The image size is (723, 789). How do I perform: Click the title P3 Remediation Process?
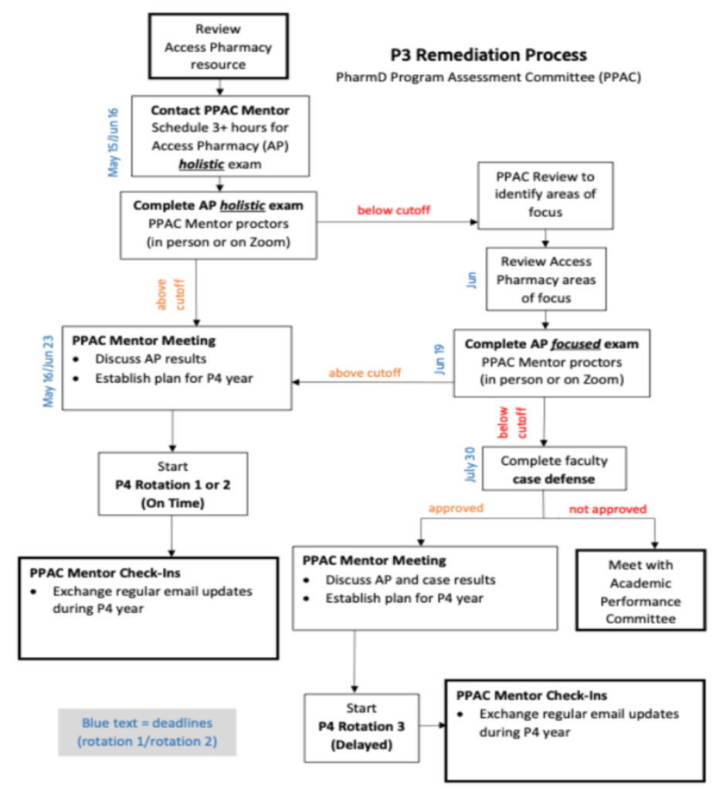[x=487, y=55]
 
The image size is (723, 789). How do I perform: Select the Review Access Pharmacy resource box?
[x=218, y=46]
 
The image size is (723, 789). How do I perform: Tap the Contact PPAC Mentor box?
[x=220, y=136]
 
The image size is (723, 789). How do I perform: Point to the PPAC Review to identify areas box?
[x=546, y=195]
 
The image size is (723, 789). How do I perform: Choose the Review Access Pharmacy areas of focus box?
[x=546, y=279]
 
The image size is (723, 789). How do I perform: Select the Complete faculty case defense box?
[x=554, y=469]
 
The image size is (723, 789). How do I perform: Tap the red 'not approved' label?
[x=607, y=509]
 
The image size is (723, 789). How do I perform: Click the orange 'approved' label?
[x=456, y=509]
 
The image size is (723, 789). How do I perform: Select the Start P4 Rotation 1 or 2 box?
[x=172, y=483]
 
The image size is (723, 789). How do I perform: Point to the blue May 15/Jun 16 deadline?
[x=115, y=137]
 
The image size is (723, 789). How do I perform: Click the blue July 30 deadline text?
[x=470, y=464]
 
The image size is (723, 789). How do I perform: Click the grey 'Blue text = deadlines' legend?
[x=147, y=732]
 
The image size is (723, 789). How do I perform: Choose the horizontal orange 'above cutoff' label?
[x=365, y=373]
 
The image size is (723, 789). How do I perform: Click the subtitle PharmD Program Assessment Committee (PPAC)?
[x=487, y=77]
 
